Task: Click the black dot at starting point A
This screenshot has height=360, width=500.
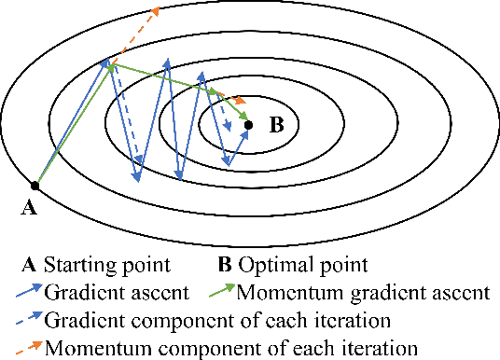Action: [35, 185]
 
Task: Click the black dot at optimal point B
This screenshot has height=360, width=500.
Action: [248, 123]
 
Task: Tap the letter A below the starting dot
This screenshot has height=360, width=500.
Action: [29, 208]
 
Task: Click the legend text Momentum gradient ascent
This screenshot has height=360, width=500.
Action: [363, 291]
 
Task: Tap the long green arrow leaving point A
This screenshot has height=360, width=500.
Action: [75, 121]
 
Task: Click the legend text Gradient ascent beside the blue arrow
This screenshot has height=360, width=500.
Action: [111, 291]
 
